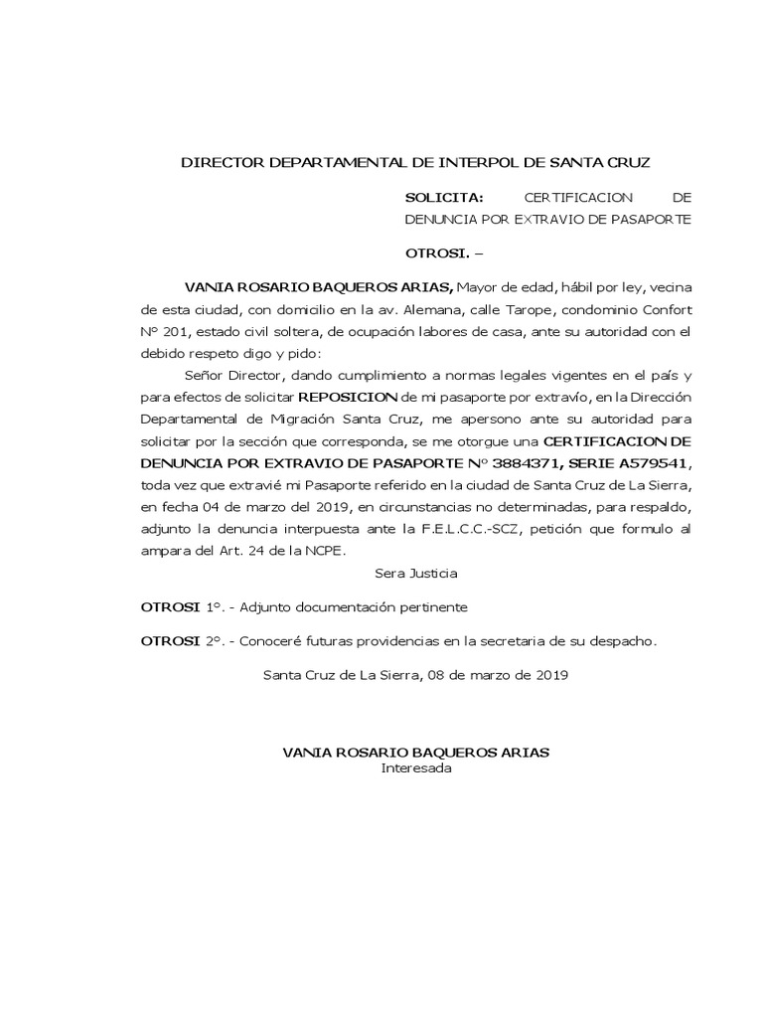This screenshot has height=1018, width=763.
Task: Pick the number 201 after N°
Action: [182, 331]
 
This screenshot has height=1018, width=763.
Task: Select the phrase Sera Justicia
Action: [416, 573]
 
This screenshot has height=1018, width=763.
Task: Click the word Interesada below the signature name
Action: [416, 767]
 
